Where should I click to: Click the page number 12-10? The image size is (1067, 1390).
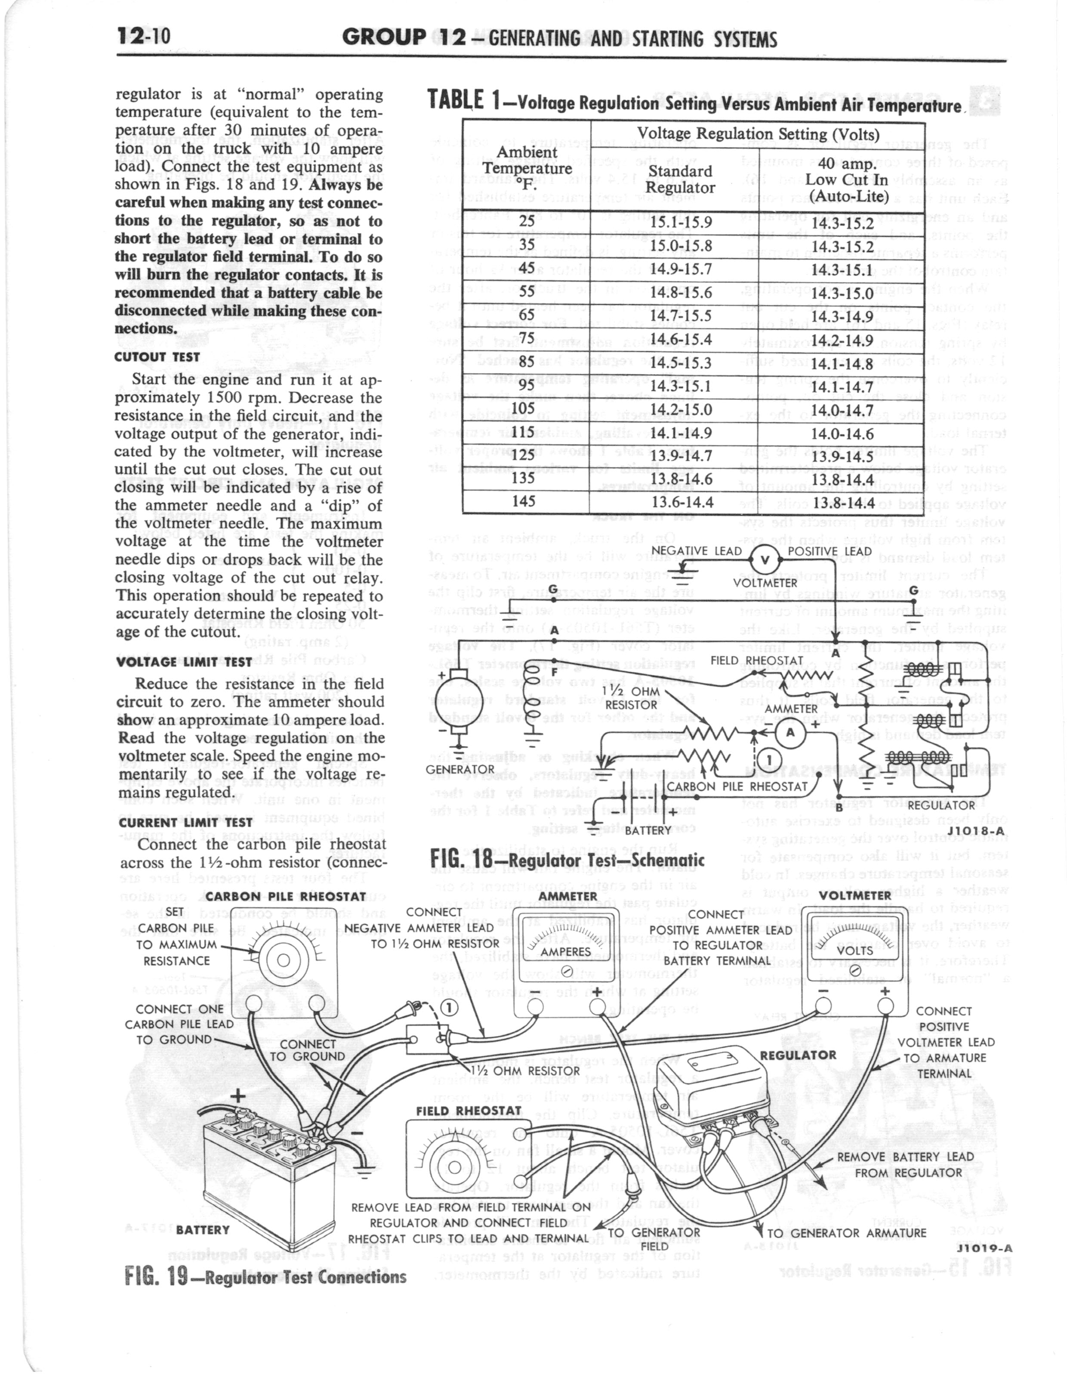point(144,37)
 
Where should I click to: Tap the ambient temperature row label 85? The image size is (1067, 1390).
point(527,362)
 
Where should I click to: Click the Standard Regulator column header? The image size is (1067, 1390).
point(680,180)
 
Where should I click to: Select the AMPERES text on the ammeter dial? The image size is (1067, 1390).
point(565,952)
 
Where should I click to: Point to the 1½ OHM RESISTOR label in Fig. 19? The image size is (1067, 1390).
point(527,1071)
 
